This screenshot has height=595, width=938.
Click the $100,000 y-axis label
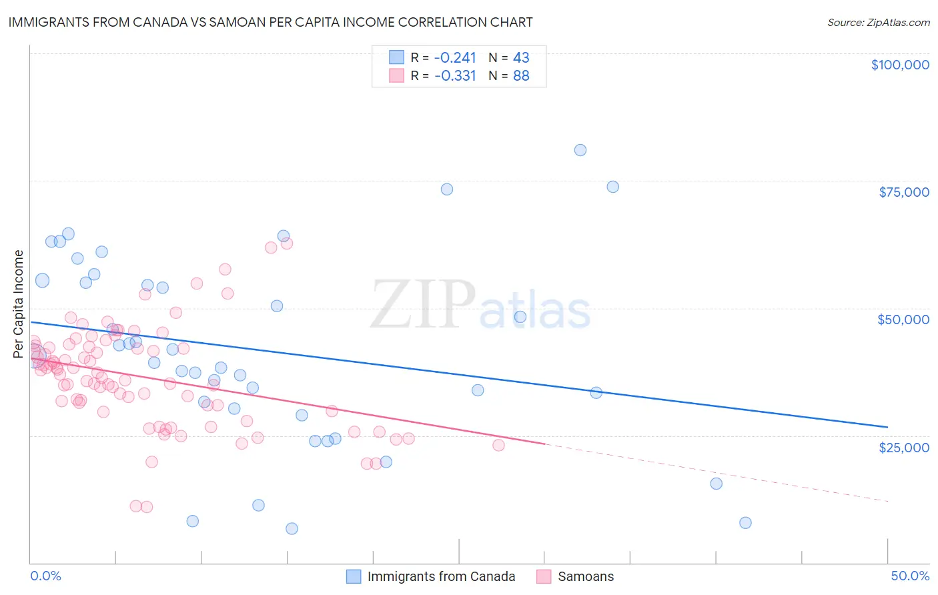[899, 65]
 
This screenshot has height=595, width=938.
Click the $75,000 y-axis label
[903, 192]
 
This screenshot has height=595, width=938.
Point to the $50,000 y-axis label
[903, 320]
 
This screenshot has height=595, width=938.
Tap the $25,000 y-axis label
[903, 447]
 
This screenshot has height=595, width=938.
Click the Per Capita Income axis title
[19, 304]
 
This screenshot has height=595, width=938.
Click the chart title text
[270, 22]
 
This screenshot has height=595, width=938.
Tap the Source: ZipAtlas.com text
[878, 23]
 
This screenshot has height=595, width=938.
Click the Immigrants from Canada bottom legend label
[441, 576]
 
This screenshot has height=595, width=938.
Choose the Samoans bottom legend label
[585, 576]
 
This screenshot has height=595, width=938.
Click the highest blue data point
[580, 150]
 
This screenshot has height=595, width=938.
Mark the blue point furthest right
[745, 523]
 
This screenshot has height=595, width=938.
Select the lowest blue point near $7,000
[292, 529]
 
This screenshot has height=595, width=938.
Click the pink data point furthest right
[498, 446]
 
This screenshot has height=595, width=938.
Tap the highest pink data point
[287, 243]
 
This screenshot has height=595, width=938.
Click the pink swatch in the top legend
[396, 75]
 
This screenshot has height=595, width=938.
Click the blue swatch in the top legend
[396, 57]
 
